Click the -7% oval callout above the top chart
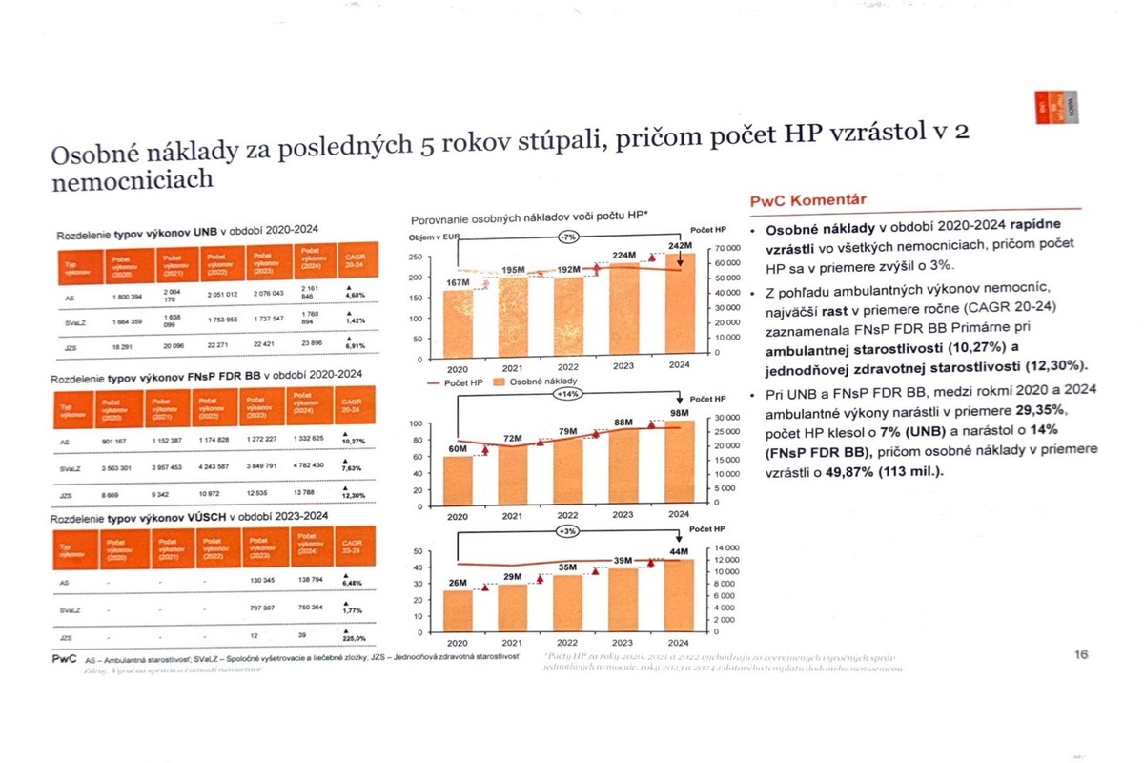568,236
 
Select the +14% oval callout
568,393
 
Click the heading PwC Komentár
808,199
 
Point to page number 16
1081,654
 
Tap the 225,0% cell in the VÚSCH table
356,638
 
